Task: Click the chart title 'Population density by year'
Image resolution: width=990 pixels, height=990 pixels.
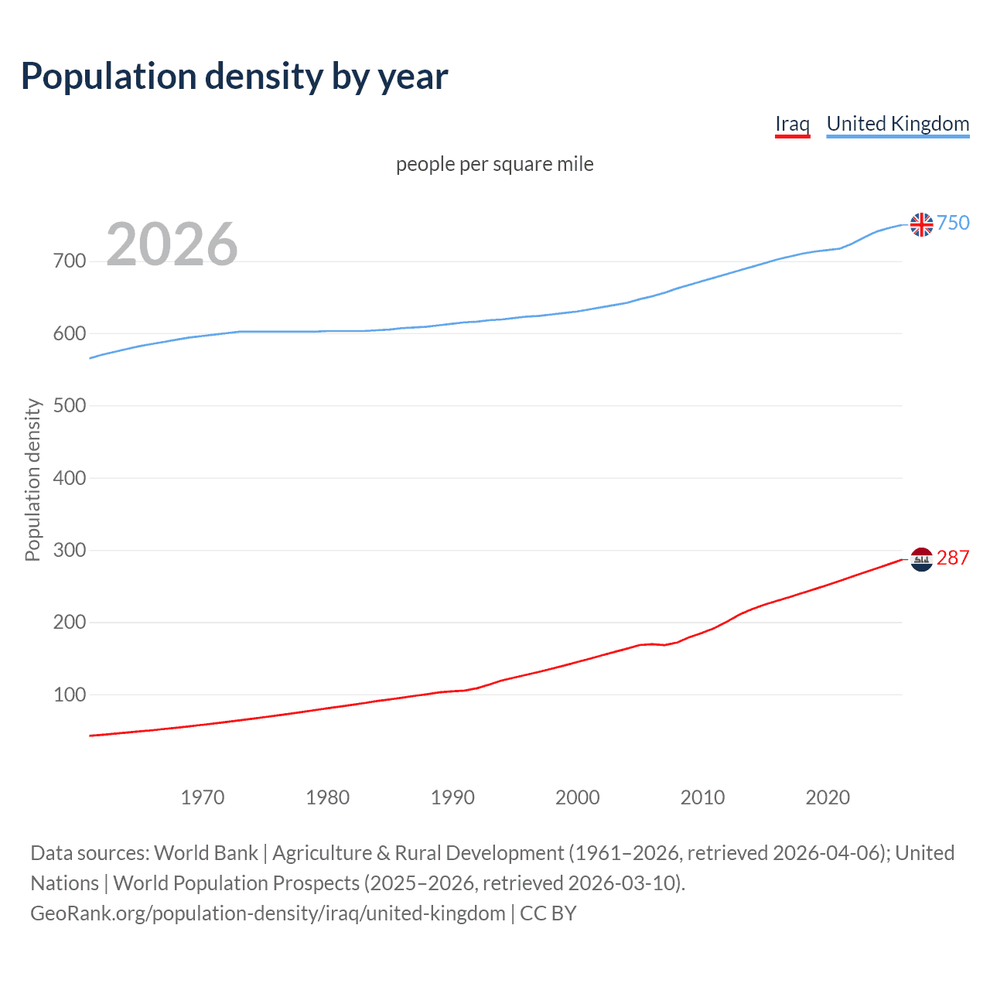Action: (x=234, y=77)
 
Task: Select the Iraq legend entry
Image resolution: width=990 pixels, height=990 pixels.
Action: (x=792, y=124)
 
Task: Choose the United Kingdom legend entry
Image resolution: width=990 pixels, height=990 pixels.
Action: (x=897, y=124)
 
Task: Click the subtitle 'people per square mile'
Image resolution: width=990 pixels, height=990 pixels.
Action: (x=494, y=164)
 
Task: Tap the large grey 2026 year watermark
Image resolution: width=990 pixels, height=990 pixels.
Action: (x=172, y=244)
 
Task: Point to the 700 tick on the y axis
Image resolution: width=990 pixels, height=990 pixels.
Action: (x=70, y=261)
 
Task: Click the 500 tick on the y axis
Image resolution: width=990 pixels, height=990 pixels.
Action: (x=70, y=406)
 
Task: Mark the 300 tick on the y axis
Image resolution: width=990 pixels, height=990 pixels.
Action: (x=70, y=551)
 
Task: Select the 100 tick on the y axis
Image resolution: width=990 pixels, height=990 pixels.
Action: (x=70, y=695)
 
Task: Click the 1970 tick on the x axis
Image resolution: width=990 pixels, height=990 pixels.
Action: (x=203, y=797)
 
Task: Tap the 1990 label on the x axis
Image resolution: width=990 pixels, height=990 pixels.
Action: (x=452, y=797)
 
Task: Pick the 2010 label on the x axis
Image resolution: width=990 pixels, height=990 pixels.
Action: (x=702, y=797)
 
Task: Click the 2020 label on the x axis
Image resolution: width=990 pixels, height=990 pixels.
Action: (x=828, y=797)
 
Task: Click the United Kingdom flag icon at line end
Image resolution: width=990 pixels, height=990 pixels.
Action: (x=921, y=224)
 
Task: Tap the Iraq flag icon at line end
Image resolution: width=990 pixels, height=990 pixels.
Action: (x=921, y=558)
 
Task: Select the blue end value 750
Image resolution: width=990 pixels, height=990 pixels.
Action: (x=953, y=224)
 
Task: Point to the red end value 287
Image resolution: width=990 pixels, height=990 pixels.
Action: (x=953, y=558)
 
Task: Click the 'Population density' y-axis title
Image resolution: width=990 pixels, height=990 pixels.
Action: (x=32, y=480)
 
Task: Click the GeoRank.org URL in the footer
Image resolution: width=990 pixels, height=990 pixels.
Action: (x=268, y=913)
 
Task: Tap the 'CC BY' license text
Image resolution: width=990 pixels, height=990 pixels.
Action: (x=548, y=913)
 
